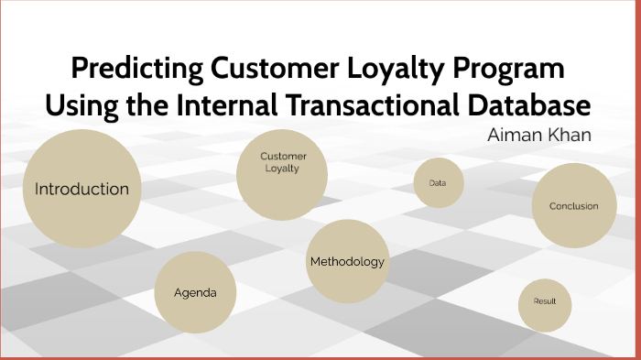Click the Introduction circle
click(81, 190)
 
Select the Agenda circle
click(195, 293)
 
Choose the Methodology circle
click(347, 262)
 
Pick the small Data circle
click(438, 183)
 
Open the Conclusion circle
click(573, 206)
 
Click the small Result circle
click(545, 301)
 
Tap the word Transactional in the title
click(366, 104)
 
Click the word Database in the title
click(529, 104)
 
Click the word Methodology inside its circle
click(347, 262)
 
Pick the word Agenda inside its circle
click(195, 293)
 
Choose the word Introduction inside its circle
click(81, 190)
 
